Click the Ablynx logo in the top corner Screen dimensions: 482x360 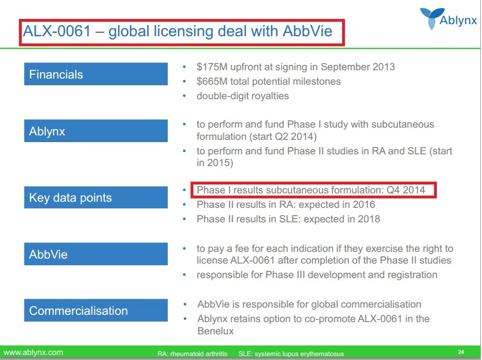click(448, 18)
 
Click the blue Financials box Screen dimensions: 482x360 click(96, 74)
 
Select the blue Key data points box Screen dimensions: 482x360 click(96, 197)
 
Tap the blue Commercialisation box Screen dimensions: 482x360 click(96, 310)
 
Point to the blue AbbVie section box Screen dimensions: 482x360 click(96, 254)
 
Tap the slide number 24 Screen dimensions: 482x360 click(461, 352)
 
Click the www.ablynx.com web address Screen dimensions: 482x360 click(33, 352)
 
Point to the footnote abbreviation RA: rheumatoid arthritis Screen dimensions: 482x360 click(192, 353)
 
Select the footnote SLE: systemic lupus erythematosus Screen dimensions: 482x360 click(291, 353)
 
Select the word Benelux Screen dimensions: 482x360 click(216, 331)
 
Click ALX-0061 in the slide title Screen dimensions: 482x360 click(57, 31)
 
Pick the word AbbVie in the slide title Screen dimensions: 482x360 click(308, 31)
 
